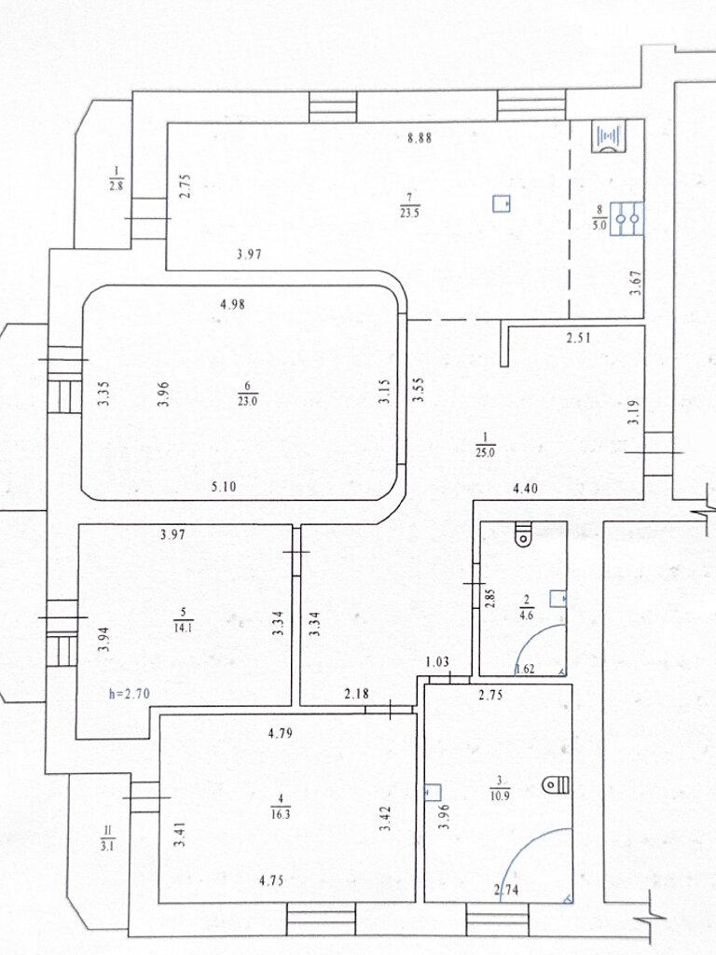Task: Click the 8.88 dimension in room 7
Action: coord(419,138)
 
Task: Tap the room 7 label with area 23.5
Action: coord(410,206)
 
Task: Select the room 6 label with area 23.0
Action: coord(247,394)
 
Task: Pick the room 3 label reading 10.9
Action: coord(499,785)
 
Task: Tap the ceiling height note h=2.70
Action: coord(129,693)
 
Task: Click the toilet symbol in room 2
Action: coord(522,534)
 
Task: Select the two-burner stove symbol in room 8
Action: coord(626,218)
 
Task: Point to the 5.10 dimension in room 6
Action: coord(224,486)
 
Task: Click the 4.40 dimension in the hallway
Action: coord(526,487)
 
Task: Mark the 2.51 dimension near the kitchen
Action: coord(578,339)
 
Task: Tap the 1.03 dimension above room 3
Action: coord(437,661)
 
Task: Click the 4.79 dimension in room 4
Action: coord(280,733)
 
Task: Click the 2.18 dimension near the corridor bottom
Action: coord(356,693)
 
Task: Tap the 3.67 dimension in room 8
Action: coord(637,283)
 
